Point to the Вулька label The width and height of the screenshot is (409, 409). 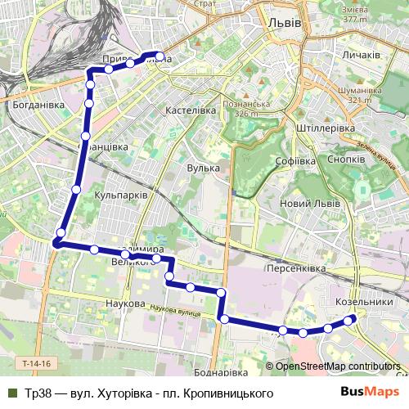tap(204, 168)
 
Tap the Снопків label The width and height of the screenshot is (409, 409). tap(346, 159)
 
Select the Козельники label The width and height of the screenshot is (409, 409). tap(365, 301)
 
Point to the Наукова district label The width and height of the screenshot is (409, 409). tap(125, 303)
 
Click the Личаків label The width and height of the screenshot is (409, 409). tap(361, 55)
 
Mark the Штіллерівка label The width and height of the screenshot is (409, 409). tap(326, 128)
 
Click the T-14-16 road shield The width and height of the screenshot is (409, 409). tap(36, 362)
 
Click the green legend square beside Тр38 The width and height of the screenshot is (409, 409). tap(11, 393)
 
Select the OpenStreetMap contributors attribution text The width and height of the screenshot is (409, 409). tap(338, 366)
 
